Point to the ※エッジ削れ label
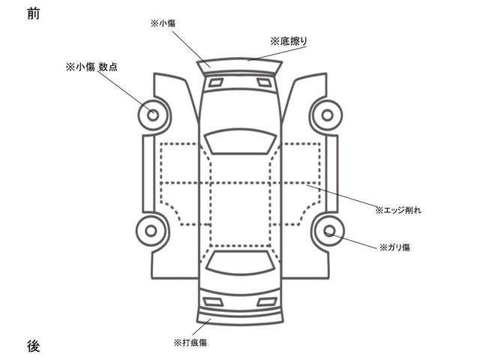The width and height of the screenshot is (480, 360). tap(397, 211)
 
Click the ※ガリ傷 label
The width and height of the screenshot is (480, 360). tap(394, 246)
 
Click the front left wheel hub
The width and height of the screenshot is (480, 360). tap(152, 115)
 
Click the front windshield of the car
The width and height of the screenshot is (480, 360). tap(239, 140)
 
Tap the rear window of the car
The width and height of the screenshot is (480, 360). tap(239, 261)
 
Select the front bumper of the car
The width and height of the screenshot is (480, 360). tap(240, 67)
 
